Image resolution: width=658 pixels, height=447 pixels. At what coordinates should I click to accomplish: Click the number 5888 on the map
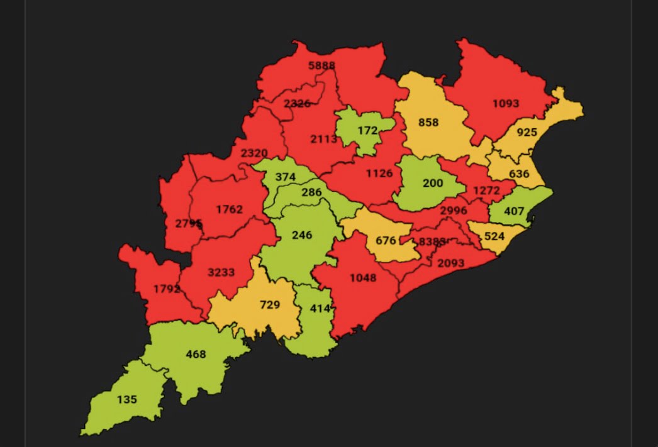click(x=321, y=65)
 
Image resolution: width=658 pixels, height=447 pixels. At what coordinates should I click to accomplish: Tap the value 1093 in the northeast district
click(x=506, y=103)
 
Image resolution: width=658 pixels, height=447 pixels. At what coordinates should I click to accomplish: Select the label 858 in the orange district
click(x=428, y=123)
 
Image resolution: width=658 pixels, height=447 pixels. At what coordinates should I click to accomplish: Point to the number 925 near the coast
click(x=527, y=133)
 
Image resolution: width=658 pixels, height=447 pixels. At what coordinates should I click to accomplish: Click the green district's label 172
click(x=367, y=131)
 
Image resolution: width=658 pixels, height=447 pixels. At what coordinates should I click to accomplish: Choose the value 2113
click(x=324, y=139)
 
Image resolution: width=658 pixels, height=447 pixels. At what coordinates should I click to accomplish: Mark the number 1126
click(x=379, y=174)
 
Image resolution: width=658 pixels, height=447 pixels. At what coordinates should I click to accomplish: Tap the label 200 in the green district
click(x=433, y=184)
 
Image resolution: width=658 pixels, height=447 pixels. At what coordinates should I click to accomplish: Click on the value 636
click(x=519, y=174)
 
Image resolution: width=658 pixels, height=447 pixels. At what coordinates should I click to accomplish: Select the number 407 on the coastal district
click(x=514, y=211)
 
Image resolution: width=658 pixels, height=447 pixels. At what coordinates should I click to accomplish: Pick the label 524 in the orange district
click(x=494, y=237)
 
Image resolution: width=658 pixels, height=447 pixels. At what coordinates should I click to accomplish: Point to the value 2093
click(x=450, y=263)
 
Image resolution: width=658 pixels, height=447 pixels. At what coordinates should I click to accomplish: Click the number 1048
click(x=363, y=277)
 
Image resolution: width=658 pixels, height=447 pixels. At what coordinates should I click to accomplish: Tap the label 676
click(x=386, y=241)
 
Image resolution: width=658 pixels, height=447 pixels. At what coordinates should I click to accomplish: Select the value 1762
click(x=229, y=209)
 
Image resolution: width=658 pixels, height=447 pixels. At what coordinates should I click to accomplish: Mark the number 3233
click(x=221, y=272)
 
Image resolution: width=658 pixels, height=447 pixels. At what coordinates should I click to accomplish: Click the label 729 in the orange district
click(x=270, y=305)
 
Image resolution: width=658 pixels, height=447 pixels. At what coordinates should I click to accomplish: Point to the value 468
click(x=196, y=354)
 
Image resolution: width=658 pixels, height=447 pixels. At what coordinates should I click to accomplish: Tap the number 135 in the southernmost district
click(x=126, y=399)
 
